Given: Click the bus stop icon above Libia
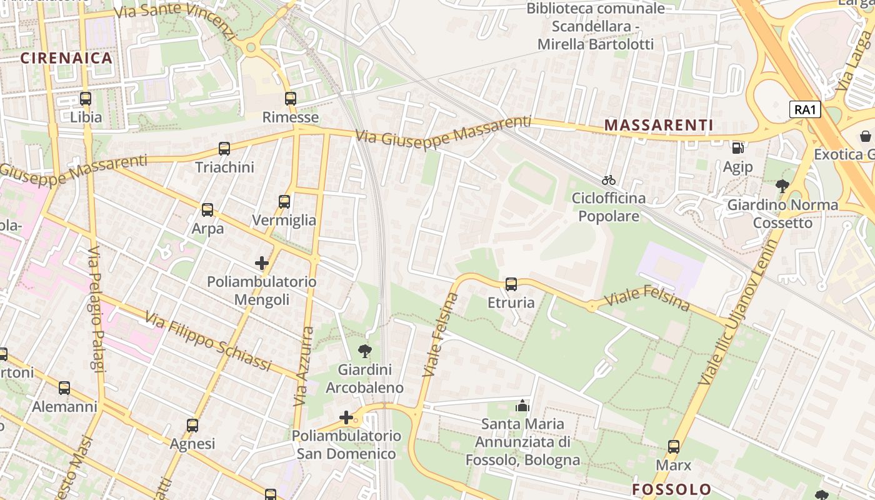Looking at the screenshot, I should click(86, 99).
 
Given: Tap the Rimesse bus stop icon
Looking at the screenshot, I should click(290, 99).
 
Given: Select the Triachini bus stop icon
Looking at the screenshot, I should click(224, 149).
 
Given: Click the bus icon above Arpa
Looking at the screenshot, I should click(207, 210).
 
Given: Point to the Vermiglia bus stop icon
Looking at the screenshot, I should click(284, 202).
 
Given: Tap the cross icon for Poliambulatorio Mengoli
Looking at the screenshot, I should click(262, 263).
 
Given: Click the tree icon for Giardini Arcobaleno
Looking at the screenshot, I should click(364, 351).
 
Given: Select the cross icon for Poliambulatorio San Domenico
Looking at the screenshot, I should click(346, 417).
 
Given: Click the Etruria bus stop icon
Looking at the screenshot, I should click(511, 284).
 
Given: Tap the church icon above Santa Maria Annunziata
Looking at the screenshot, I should click(522, 406).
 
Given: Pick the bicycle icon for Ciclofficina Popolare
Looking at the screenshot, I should click(609, 180).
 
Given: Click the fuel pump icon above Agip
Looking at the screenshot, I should click(738, 148).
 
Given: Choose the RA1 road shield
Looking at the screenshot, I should click(805, 110).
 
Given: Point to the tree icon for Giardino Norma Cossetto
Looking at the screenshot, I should click(782, 186).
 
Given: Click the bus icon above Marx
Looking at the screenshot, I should click(674, 447).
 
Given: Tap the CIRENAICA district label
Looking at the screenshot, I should click(66, 58).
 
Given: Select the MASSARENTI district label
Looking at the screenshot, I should click(659, 125).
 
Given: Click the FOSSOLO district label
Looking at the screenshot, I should click(671, 489).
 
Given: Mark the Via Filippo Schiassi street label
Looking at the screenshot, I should click(208, 341).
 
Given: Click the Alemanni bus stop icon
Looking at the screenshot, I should click(64, 388).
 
